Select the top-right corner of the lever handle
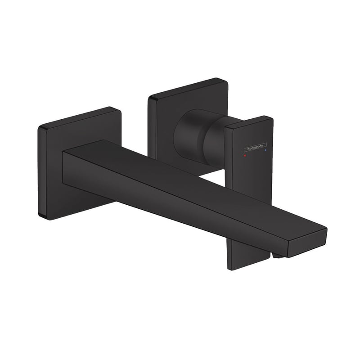click(271, 118)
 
